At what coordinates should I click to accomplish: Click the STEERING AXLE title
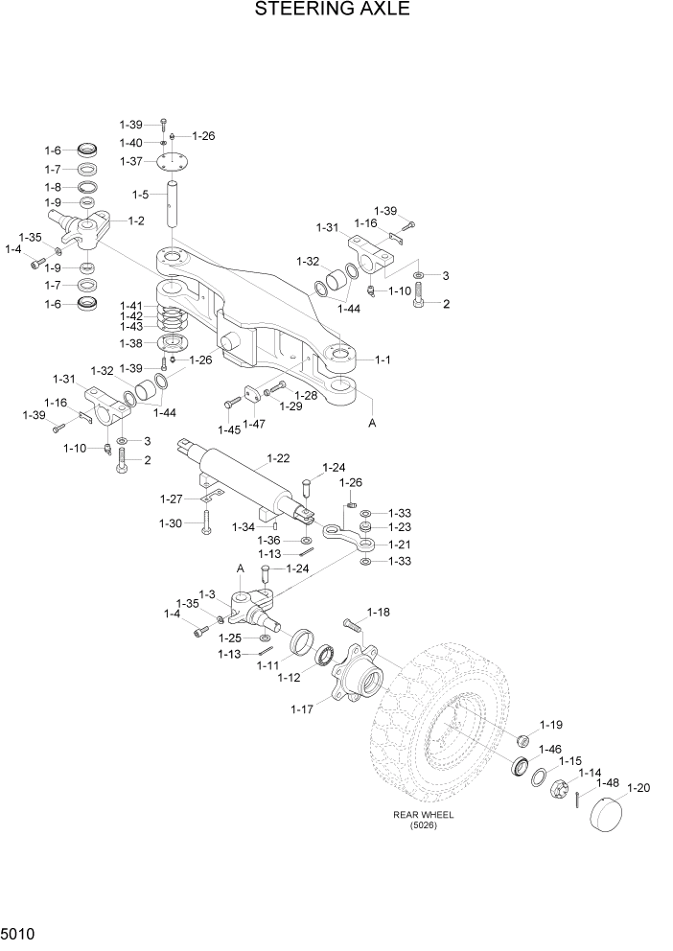pos(332,11)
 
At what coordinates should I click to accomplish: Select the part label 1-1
pos(382,360)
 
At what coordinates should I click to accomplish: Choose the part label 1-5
pos(140,195)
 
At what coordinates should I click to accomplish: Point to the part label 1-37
pos(131,161)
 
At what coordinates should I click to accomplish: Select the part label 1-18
pos(379,612)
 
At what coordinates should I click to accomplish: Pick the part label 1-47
pos(254,424)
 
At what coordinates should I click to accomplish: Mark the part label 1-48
pos(607,782)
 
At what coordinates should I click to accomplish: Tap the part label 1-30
pos(171,522)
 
